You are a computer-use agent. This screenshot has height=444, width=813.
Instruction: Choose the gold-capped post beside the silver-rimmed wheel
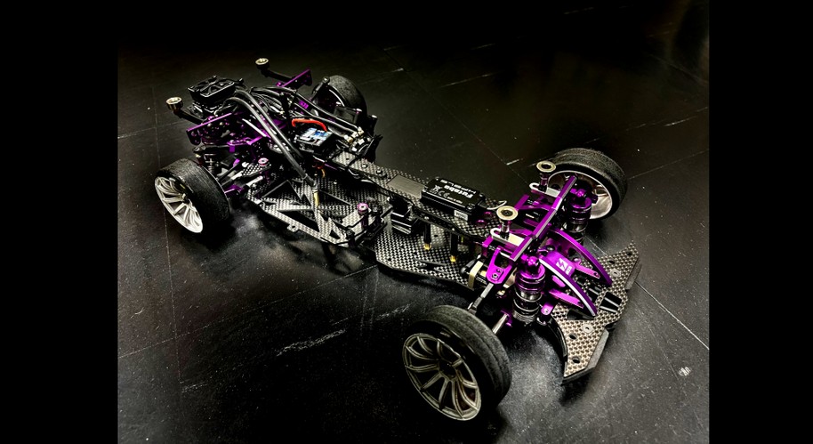coord(545,166)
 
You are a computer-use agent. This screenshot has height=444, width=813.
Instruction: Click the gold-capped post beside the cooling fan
coord(174,102)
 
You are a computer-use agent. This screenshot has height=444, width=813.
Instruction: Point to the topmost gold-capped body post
coord(263,63)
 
